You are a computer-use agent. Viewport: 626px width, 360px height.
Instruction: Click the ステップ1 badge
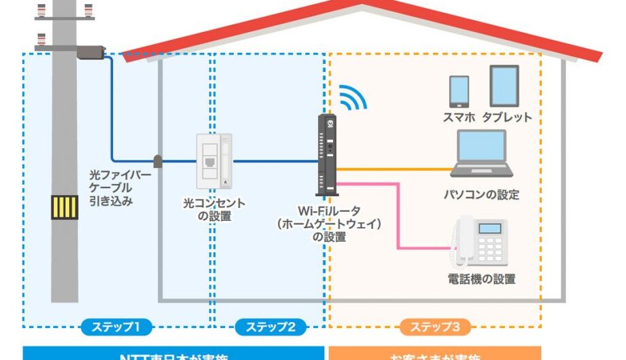115,327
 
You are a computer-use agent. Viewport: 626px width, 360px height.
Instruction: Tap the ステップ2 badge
271,327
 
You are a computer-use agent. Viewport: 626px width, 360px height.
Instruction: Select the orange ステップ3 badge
436,327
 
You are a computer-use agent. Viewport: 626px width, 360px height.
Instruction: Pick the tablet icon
504,86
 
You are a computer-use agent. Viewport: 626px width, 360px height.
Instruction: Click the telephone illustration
481,241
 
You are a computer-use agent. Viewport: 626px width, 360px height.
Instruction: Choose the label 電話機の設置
481,278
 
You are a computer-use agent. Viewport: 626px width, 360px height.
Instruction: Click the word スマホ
459,117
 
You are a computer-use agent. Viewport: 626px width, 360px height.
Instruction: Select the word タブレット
507,117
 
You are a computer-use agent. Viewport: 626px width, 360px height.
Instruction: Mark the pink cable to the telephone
397,217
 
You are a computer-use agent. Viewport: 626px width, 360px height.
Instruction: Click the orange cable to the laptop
394,168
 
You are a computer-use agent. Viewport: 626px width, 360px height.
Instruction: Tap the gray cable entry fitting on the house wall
158,161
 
